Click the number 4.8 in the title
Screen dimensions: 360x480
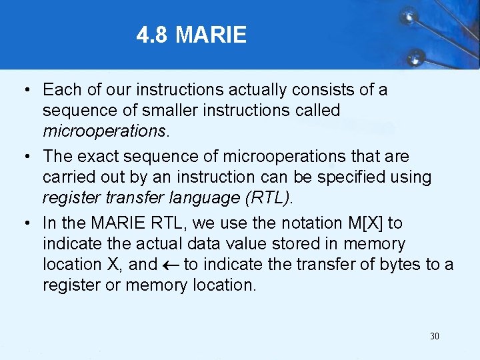click(153, 35)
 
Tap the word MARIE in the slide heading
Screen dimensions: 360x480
click(211, 35)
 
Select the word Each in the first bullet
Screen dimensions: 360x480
click(59, 89)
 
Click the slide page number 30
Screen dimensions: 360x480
click(435, 336)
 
